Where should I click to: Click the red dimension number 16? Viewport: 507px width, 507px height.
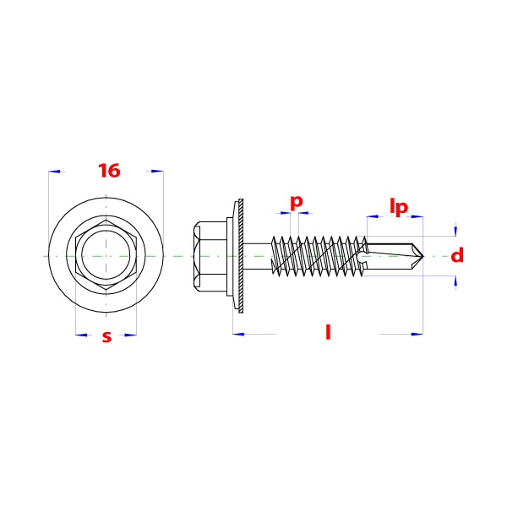(x=109, y=171)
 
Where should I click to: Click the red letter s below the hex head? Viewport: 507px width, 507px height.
(x=106, y=336)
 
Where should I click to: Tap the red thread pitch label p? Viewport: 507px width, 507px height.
(x=297, y=203)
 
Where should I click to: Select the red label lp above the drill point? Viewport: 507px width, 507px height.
(x=399, y=207)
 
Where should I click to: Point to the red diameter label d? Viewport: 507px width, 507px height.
(x=457, y=255)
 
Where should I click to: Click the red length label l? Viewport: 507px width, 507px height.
(x=328, y=332)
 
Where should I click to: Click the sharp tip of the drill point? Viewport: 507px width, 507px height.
(x=423, y=256)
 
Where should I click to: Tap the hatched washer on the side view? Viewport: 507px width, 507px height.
(x=241, y=256)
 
